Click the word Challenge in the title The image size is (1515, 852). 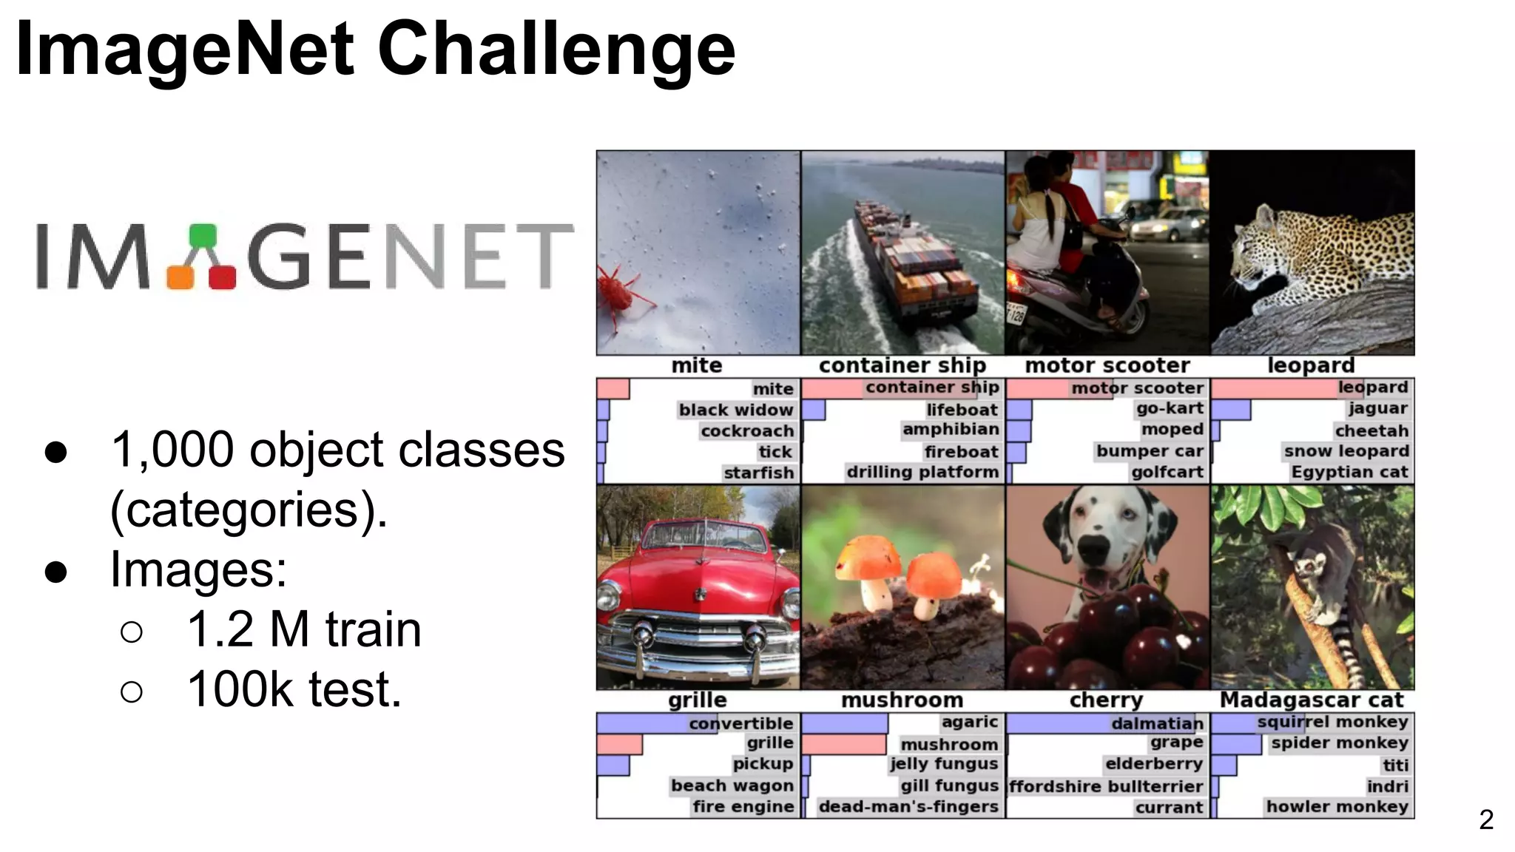coord(556,49)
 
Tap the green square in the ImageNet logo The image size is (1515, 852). coord(202,236)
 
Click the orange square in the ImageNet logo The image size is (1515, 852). coord(180,277)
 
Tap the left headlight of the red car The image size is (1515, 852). coord(609,595)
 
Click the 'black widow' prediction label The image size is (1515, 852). coord(735,410)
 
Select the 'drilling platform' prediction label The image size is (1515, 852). coord(922,472)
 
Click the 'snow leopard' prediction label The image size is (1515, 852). coord(1346,451)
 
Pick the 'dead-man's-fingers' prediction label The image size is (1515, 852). coord(908,807)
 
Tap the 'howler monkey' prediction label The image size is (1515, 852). coord(1336,807)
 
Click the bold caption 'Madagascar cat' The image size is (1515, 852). coord(1311,700)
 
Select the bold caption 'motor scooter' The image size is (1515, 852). coord(1107,365)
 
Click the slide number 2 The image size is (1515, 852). coord(1485,819)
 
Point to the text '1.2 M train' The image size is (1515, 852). coord(303,629)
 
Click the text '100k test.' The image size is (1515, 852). coord(294,689)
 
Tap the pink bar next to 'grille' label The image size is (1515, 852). coord(619,744)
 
